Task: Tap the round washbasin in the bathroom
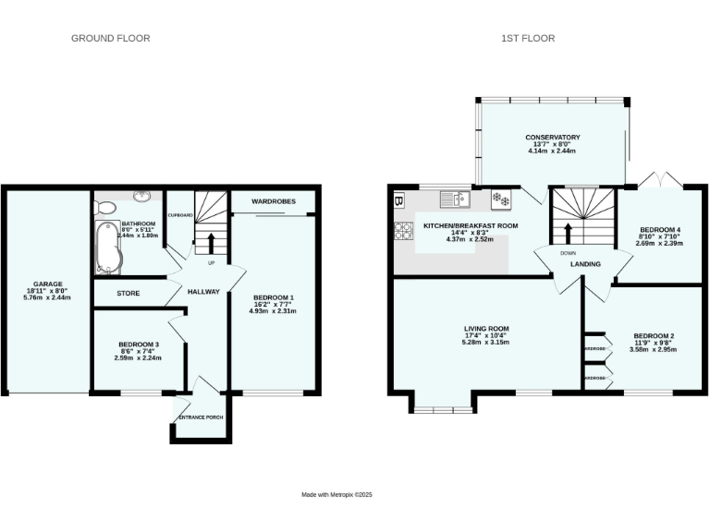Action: click(x=142, y=197)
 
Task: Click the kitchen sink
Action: click(x=456, y=198)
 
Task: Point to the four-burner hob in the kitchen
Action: click(x=404, y=231)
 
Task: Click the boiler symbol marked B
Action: click(x=399, y=199)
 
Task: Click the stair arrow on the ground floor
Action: click(x=211, y=243)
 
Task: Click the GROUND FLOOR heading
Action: click(x=111, y=38)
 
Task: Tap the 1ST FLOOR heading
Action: click(x=528, y=38)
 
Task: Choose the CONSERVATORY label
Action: click(x=553, y=137)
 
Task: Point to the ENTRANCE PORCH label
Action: click(x=201, y=417)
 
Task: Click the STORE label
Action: click(x=129, y=293)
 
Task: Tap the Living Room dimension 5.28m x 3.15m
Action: click(x=486, y=343)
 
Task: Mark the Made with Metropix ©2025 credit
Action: click(x=337, y=495)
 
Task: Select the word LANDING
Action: click(x=585, y=264)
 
